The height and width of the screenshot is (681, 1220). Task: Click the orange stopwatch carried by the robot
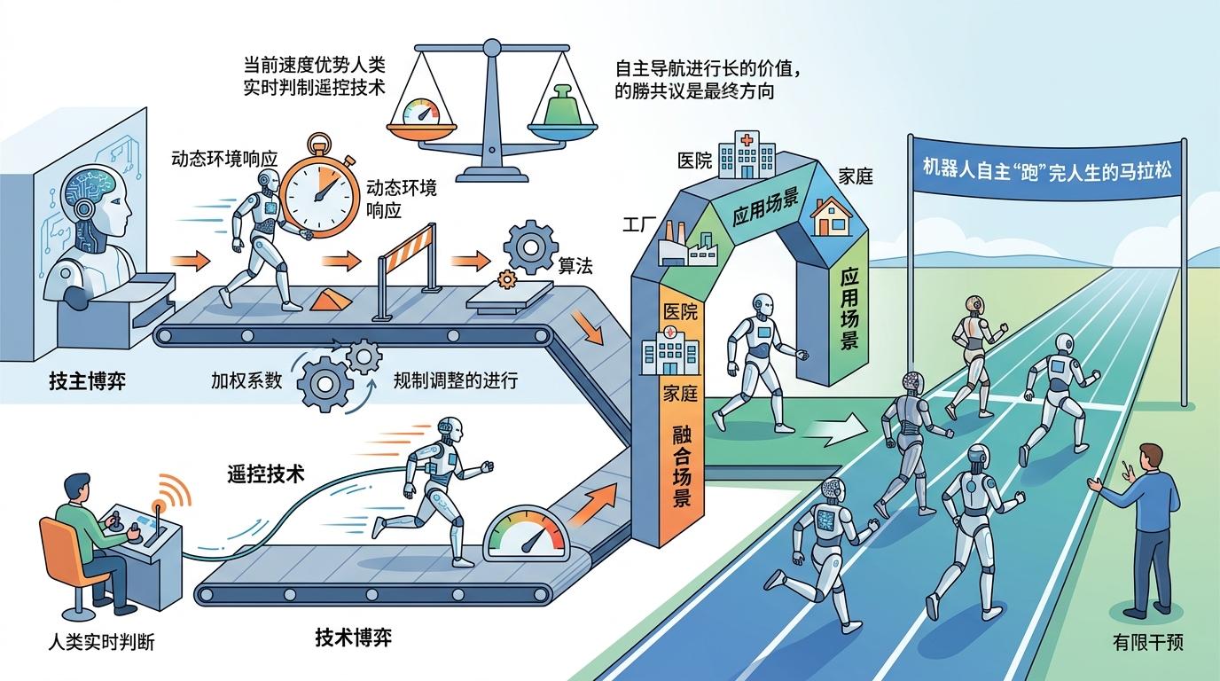[x=320, y=189]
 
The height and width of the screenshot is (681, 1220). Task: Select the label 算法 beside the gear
[x=575, y=266]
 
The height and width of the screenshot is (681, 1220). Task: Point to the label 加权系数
[x=246, y=380]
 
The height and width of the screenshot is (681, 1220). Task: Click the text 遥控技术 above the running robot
[x=266, y=474]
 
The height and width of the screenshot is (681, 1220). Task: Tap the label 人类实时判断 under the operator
[x=101, y=642]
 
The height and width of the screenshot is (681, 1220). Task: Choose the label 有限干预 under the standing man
[x=1147, y=642]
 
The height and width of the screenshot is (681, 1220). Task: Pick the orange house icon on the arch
[x=830, y=217]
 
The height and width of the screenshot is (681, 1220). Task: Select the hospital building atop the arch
[x=747, y=154]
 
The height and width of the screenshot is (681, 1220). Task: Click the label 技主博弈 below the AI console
[x=87, y=380]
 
